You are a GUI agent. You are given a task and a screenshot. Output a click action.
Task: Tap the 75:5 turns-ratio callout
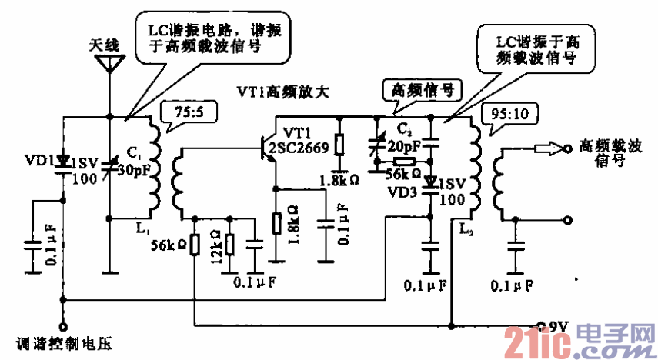187,115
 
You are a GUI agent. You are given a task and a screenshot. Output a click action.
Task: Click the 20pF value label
405,145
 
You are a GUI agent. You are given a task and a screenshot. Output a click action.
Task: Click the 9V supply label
554,326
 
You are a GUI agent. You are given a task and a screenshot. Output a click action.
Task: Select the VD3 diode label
401,192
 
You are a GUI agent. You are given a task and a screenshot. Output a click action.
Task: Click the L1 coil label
141,228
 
